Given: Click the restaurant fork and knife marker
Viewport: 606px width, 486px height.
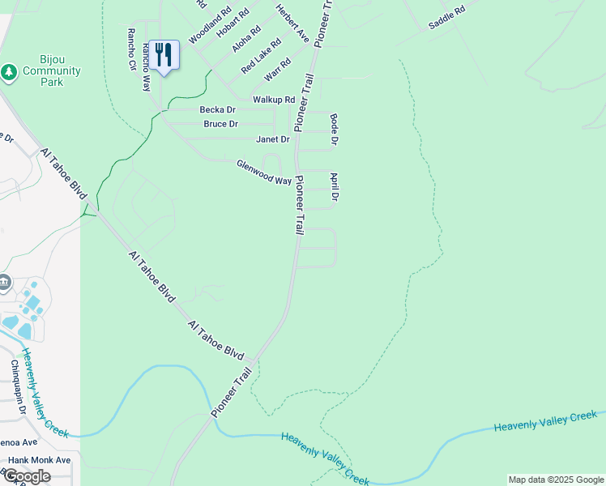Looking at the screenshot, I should pos(164,55).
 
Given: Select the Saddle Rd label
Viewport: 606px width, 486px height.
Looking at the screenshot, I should pos(447,18).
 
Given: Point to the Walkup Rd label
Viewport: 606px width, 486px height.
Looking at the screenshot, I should pos(273,99).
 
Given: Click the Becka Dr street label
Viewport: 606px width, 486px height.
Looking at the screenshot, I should pos(218,109).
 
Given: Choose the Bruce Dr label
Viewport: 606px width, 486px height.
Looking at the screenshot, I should pos(220,124).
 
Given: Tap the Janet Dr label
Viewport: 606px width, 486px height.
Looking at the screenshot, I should pos(272,139).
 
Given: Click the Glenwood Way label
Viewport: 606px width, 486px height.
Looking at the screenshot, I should pos(263,172).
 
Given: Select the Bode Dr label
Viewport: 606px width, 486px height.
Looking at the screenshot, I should pos(334,130).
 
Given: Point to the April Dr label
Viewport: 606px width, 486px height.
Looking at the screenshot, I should pos(334,186).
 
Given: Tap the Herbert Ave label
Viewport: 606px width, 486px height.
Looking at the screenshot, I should pos(292,23).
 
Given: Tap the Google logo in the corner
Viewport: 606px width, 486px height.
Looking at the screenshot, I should pos(26,476).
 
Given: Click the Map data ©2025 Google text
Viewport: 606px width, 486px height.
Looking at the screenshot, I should pos(556,480).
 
